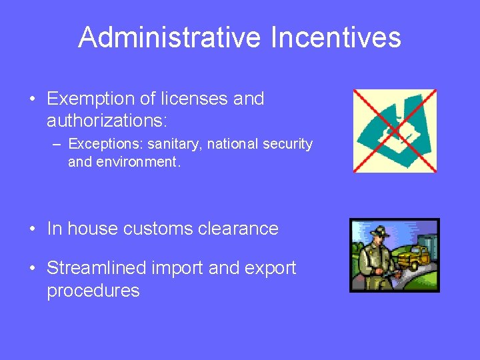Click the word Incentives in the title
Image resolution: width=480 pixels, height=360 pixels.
[336, 37]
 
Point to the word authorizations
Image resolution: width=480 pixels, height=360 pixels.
[107, 122]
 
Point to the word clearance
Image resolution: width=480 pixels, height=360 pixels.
[247, 229]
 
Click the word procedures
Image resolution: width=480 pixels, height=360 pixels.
[93, 291]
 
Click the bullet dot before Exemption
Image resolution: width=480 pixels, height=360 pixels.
[32, 100]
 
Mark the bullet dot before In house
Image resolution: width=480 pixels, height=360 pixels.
[32, 229]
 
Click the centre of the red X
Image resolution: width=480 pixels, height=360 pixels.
[395, 131]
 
